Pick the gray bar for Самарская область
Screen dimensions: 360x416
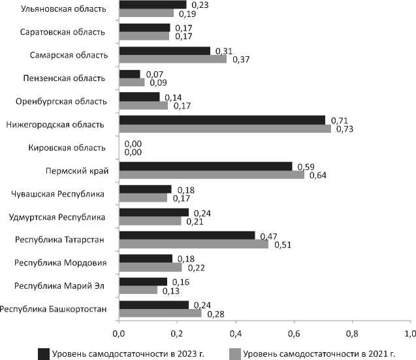[x=172, y=59]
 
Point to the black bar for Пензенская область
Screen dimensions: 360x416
[x=129, y=74]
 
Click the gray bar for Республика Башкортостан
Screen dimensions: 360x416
[x=160, y=313]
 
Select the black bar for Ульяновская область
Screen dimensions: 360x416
[x=152, y=5]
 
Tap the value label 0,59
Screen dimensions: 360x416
[x=306, y=167]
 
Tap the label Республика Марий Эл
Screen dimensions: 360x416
[x=62, y=286]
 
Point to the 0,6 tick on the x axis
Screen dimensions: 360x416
[x=294, y=334]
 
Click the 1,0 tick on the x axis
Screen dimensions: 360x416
[x=410, y=334]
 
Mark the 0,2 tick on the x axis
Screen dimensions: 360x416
[x=177, y=334]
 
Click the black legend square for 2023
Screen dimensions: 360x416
[x=44, y=353]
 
